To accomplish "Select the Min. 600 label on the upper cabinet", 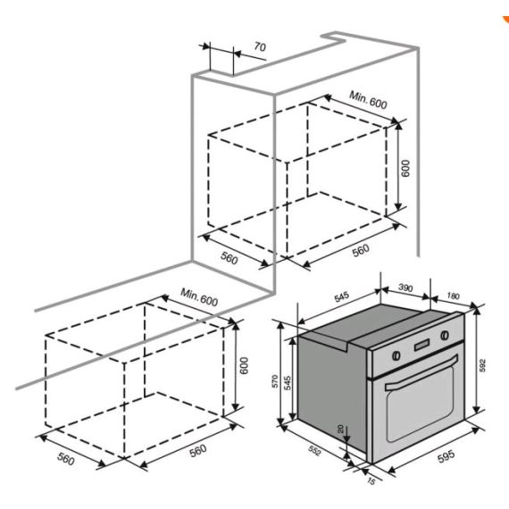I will [368, 101].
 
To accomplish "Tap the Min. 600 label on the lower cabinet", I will [199, 296].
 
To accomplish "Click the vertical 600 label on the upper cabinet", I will [404, 170].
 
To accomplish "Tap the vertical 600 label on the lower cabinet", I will [241, 366].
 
